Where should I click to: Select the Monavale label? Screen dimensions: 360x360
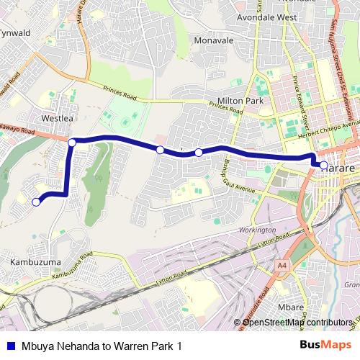[x=214, y=41]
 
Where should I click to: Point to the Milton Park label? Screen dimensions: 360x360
[x=246, y=102]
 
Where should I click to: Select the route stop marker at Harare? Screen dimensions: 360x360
[x=323, y=166]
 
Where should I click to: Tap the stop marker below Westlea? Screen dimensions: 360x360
[x=72, y=143]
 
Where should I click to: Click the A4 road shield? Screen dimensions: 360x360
[x=282, y=265]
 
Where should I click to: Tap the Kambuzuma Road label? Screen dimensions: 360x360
[x=73, y=266]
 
